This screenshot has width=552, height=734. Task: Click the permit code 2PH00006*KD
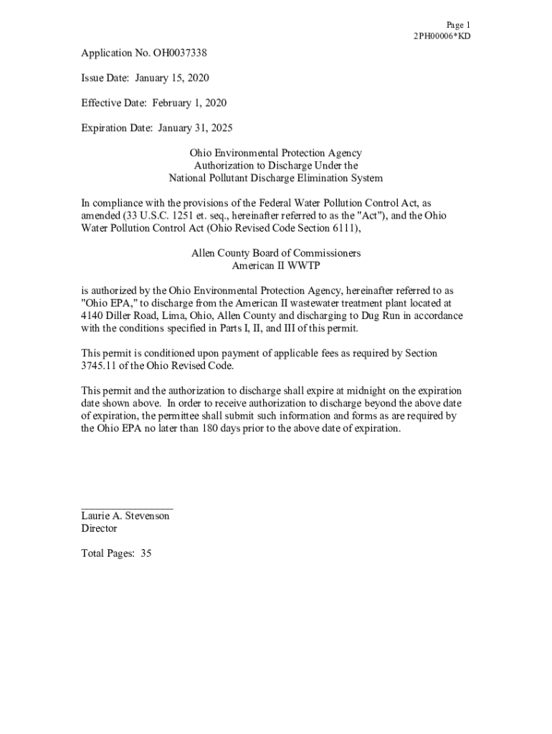point(442,37)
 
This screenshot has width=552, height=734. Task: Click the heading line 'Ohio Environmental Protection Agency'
point(275,153)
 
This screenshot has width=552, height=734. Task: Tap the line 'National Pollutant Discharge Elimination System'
point(275,178)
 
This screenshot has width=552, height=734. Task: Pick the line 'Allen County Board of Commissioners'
point(275,253)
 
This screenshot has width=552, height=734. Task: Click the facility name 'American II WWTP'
point(275,266)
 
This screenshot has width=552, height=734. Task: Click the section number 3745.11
point(100,366)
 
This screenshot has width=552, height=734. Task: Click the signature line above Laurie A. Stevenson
point(127,507)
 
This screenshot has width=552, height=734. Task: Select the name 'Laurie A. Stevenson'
point(125,516)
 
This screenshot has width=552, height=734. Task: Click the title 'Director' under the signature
point(99,529)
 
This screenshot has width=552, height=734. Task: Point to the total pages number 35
point(146,554)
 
